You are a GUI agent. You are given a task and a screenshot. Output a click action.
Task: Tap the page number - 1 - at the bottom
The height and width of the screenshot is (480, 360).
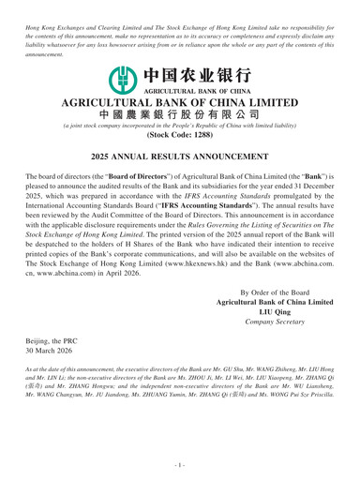180,465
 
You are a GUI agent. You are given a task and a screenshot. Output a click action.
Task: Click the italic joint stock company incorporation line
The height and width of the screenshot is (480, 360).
180,136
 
